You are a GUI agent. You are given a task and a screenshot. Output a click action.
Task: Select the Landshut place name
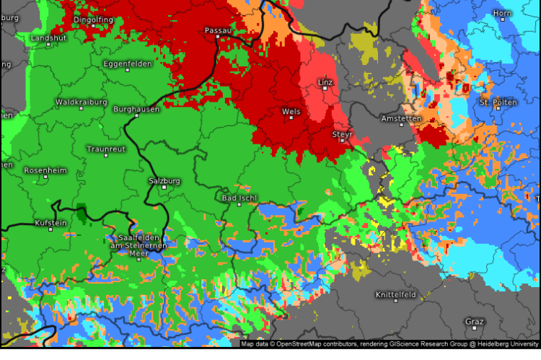tap(47, 37)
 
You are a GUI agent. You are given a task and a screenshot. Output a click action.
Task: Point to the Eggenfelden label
tap(126, 63)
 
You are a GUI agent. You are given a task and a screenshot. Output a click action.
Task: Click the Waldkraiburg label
tap(82, 102)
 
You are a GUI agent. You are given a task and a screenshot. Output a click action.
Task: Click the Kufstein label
tap(50, 223)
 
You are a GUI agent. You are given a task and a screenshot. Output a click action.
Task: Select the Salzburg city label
tap(164, 180)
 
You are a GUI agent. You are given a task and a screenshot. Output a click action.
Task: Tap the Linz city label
tap(325, 82)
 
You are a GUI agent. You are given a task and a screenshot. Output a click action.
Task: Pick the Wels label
tap(291, 112)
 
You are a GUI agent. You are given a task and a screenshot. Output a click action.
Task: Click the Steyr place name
tap(342, 134)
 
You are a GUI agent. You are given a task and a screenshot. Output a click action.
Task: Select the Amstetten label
tap(401, 118)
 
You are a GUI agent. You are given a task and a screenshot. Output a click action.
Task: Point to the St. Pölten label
tap(498, 102)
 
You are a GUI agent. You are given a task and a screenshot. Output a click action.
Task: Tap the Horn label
tap(502, 14)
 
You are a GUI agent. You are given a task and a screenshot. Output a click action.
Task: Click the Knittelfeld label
tap(395, 294)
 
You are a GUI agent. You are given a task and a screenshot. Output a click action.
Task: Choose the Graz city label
tap(475, 321)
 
